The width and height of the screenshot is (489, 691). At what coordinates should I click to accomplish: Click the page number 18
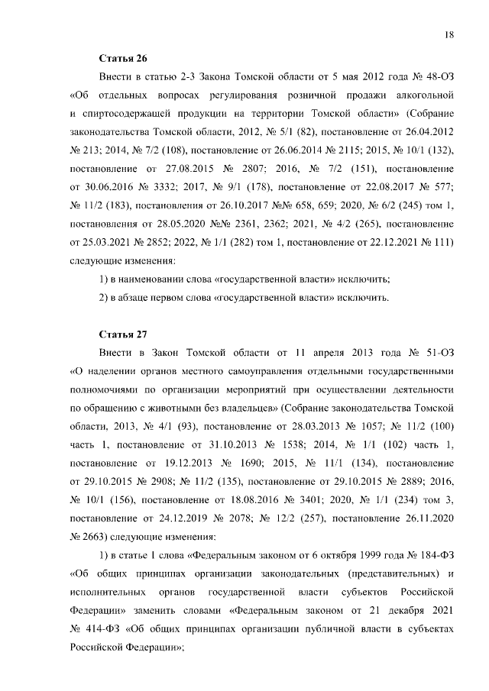450,35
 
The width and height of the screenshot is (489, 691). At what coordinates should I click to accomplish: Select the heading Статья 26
123,59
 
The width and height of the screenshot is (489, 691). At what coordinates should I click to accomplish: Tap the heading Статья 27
123,334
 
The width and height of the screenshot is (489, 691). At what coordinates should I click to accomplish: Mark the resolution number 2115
342,150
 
